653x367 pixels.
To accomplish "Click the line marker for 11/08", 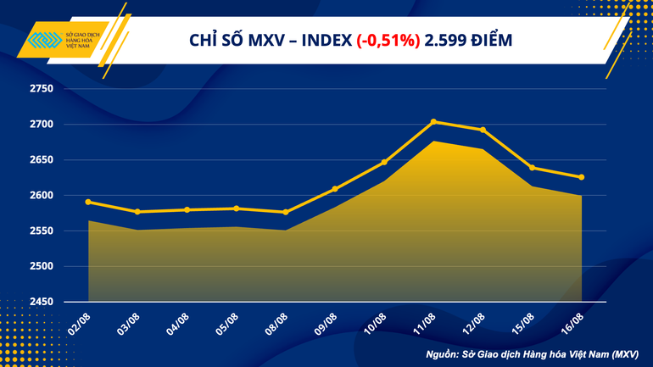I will coord(433,122).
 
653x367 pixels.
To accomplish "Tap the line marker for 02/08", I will coord(88,202).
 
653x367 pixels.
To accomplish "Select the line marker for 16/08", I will coord(581,177).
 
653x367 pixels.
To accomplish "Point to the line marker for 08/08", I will coord(286,212).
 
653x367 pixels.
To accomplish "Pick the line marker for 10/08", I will coord(384,162).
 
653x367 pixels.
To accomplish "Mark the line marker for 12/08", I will coord(483,130).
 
